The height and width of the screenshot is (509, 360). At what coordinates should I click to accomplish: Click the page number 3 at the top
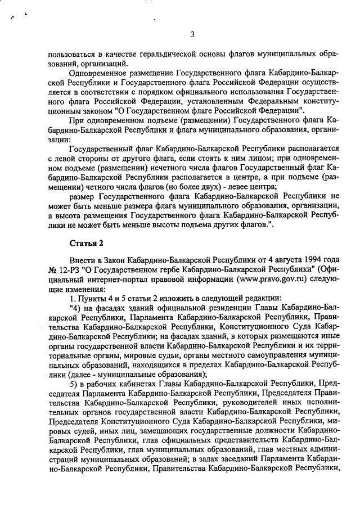click(192, 34)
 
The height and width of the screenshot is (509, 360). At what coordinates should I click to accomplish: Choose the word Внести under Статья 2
click(83, 260)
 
